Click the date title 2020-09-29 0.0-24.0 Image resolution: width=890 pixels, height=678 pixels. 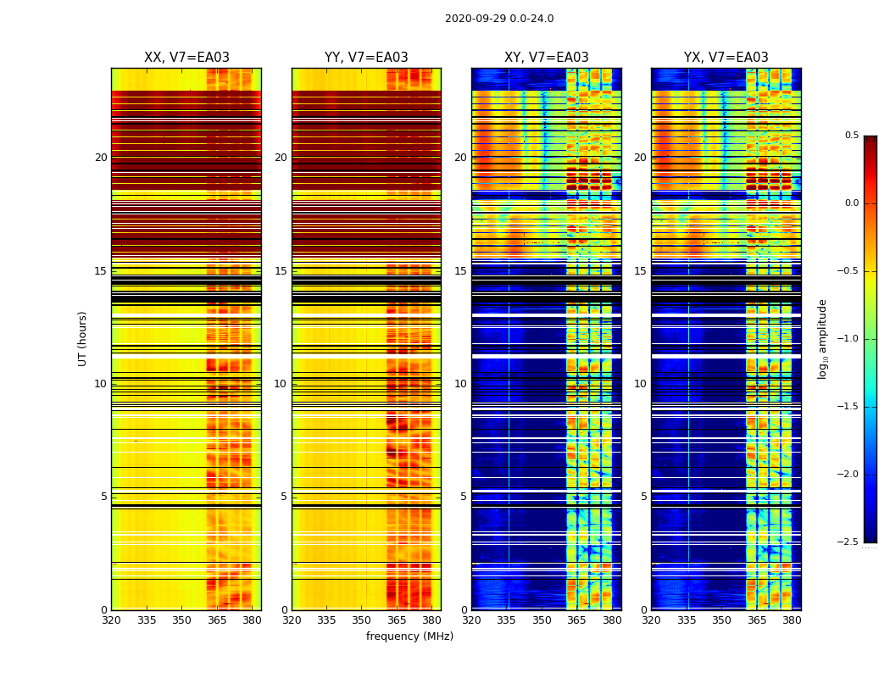coord(499,19)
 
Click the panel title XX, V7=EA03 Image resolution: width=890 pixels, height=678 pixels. coord(186,58)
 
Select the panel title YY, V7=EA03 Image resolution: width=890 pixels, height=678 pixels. coord(366,58)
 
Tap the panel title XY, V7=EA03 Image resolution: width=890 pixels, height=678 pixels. coord(546,58)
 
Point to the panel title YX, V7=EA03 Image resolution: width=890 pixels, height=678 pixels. coord(726,58)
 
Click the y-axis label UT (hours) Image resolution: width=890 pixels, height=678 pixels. coord(83,338)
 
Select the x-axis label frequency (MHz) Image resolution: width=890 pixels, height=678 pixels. coord(409,636)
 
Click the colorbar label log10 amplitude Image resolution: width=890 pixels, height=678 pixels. coord(822,339)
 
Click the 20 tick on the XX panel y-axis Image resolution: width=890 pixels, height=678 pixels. coord(101,158)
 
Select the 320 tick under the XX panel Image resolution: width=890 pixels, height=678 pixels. coord(111,620)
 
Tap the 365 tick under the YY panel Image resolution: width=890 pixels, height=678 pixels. coord(397,620)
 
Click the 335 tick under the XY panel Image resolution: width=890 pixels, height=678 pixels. coord(507,620)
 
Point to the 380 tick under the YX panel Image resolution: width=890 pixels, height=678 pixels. coord(792,620)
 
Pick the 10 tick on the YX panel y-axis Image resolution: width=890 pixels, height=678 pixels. coord(640,384)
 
